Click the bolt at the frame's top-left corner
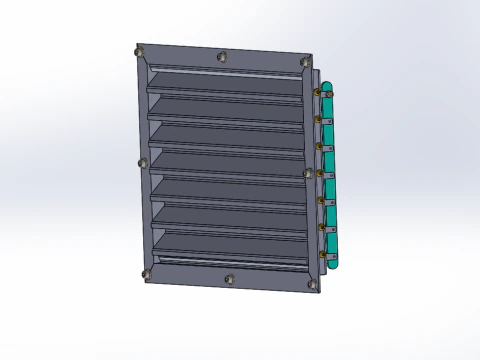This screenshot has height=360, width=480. pyautogui.click(x=140, y=53)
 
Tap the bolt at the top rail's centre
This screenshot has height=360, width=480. pyautogui.click(x=222, y=56)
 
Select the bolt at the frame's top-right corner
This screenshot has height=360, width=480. pyautogui.click(x=305, y=63)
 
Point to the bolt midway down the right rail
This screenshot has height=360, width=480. pyautogui.click(x=307, y=172)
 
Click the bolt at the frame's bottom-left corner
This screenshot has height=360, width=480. pyautogui.click(x=147, y=272)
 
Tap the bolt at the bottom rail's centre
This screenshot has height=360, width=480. pyautogui.click(x=229, y=279)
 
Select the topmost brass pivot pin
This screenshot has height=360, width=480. pyautogui.click(x=319, y=93)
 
